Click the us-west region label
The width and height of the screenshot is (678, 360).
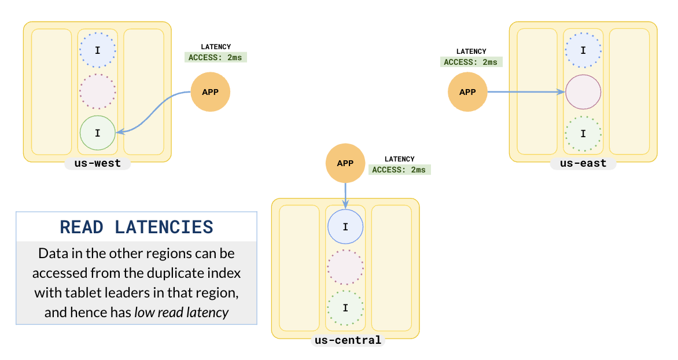point(97,163)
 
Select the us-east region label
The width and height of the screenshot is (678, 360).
point(583,163)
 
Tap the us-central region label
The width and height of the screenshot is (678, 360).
point(345,340)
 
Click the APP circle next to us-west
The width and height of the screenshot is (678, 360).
point(211,92)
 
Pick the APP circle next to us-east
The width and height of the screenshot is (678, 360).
point(467,92)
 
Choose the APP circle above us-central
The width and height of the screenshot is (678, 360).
point(345,163)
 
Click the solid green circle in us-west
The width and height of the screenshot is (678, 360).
point(97,133)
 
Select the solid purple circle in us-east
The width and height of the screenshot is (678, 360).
point(583,92)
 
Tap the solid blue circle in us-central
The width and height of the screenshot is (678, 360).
point(345,226)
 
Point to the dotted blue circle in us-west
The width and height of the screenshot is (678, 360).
point(97,50)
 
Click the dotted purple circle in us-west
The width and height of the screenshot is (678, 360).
point(97,92)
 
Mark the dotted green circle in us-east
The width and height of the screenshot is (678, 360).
point(583,133)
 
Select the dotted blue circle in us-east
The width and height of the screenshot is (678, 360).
point(583,50)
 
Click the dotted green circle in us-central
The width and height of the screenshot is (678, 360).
point(345,308)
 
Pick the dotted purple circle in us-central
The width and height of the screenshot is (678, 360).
point(345,267)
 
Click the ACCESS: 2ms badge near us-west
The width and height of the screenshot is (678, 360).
point(216,57)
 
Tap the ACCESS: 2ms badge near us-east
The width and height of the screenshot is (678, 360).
point(471,62)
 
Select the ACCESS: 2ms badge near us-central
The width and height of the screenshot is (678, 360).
point(400,170)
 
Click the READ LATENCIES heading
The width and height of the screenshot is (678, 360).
point(137,227)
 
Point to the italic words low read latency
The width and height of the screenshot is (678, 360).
point(182,313)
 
